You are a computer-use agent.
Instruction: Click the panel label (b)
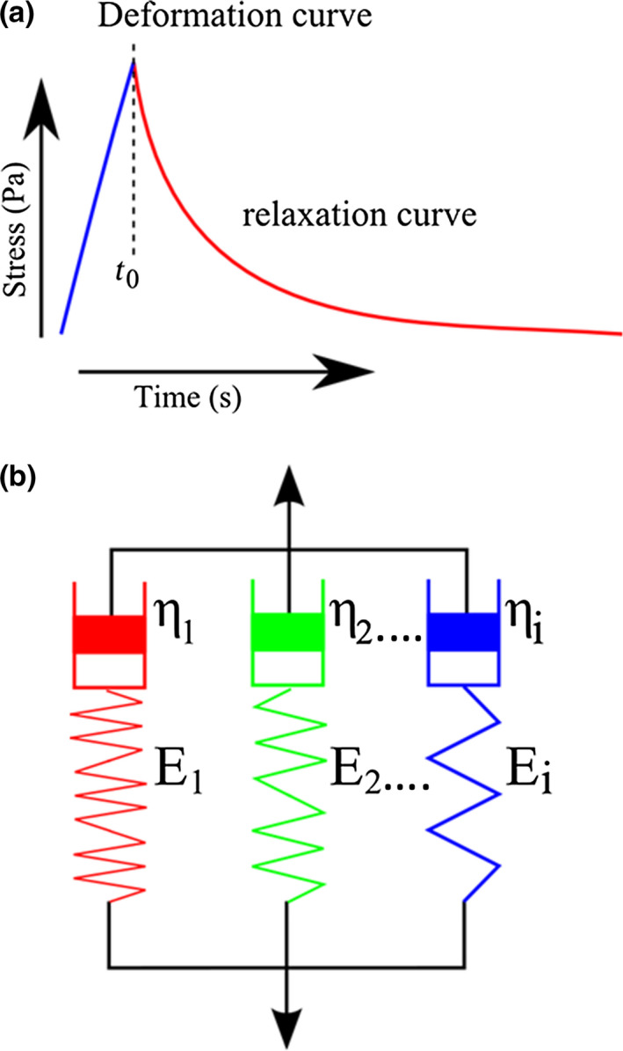20,482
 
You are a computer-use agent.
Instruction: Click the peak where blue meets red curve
133,62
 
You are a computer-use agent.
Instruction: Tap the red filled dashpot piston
109,634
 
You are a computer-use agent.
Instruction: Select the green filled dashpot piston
286,634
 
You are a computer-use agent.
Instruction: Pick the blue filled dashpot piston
463,634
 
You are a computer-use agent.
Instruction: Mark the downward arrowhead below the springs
286,1025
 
